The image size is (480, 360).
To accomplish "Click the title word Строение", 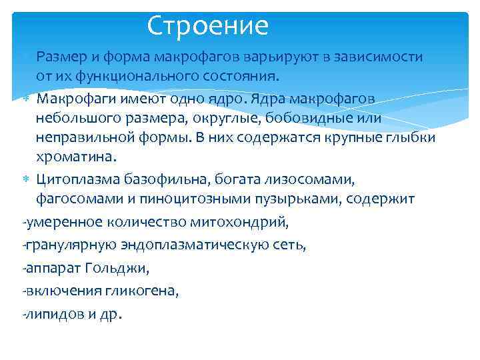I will point(207,26).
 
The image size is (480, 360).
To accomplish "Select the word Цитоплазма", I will point(76,179).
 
